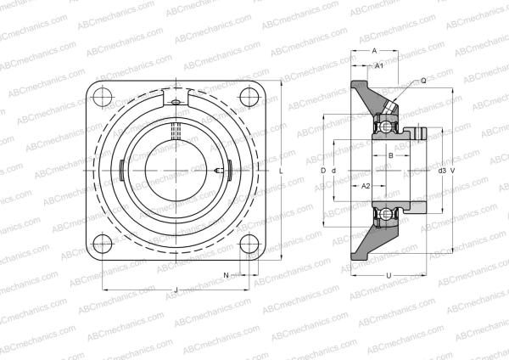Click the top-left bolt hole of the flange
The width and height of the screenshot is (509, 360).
click(x=103, y=95)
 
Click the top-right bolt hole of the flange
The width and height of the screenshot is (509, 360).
click(x=249, y=95)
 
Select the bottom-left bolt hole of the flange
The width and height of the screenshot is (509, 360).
click(x=103, y=244)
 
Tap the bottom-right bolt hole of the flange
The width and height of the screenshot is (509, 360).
click(x=249, y=244)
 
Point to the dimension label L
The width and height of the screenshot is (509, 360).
click(x=281, y=170)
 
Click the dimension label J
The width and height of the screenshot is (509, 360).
click(x=176, y=292)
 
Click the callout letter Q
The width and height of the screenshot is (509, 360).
click(x=422, y=81)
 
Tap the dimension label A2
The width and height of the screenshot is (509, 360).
click(x=366, y=185)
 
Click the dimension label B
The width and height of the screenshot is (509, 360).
click(x=389, y=156)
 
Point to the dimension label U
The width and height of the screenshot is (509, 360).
click(x=388, y=275)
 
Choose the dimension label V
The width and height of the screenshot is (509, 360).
click(x=453, y=170)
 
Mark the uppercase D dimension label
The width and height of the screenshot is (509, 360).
click(x=323, y=170)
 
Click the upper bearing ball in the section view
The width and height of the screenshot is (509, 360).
click(x=388, y=127)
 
